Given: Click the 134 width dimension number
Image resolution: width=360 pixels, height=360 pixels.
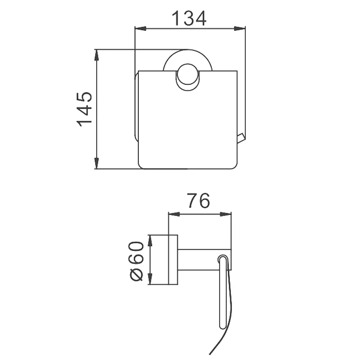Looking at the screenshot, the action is tap(189, 18).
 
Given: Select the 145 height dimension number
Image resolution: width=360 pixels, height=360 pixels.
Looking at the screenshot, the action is tap(84, 110).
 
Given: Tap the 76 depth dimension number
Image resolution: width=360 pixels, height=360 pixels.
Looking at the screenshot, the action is tap(199, 201).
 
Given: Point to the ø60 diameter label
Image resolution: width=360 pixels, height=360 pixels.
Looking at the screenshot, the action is tap(136, 261).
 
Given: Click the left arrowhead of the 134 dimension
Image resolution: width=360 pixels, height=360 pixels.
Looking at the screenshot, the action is tap(140, 29).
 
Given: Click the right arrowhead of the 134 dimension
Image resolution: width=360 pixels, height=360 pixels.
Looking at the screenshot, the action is tap(240, 29).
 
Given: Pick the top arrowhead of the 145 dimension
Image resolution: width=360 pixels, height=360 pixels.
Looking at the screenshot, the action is tap(97, 55).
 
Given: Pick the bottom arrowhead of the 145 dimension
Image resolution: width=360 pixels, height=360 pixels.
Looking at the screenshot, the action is tap(97, 163).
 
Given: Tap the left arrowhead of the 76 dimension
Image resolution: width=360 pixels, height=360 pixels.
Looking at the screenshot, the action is tap(174, 214).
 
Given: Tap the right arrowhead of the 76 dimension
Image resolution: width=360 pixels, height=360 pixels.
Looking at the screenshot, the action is tap(226, 214).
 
